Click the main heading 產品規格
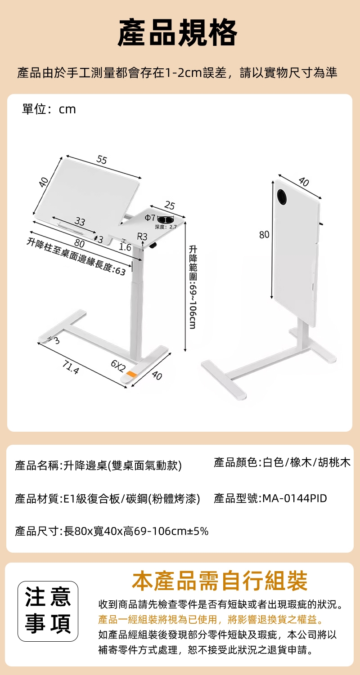click(x=178, y=32)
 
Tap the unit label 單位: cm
click(x=49, y=109)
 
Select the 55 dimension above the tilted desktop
click(x=102, y=160)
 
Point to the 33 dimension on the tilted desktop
click(x=80, y=222)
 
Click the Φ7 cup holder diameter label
click(x=150, y=218)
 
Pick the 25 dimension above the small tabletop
click(x=170, y=206)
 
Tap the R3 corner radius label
click(x=142, y=237)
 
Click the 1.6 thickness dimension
click(x=125, y=247)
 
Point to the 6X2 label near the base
click(x=118, y=366)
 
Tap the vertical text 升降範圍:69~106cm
click(x=193, y=287)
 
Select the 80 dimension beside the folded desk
click(x=264, y=235)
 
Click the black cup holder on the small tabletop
click(x=166, y=219)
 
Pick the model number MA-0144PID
click(x=295, y=498)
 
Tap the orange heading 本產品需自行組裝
click(x=220, y=581)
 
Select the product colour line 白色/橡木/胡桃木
click(x=306, y=462)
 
